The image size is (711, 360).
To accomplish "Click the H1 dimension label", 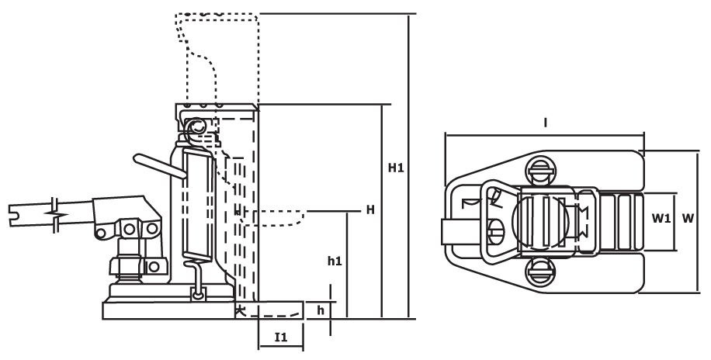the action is pos(396,168).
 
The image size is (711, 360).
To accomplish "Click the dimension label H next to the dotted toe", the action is pos(370,210).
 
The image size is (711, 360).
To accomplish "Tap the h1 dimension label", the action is pos(335,261).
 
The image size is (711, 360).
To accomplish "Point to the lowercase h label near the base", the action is pos(321,310).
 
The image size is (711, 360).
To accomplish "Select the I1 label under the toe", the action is pos(281,337).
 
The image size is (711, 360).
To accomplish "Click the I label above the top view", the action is pos(546,123).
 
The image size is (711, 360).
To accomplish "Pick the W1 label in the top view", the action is pos(661,219).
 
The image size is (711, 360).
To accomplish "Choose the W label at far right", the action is pos(688,219).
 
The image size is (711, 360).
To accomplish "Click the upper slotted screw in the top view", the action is pos(540,170).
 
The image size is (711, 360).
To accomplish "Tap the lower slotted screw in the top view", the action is pos(540,273).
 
